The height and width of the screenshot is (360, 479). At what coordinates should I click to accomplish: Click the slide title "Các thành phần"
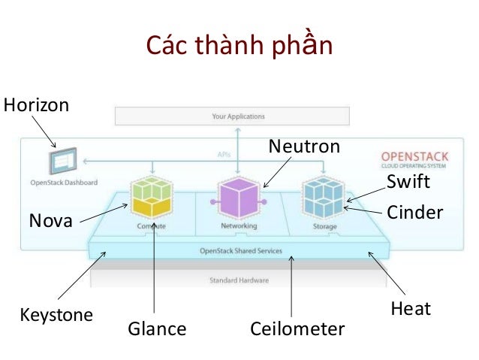click(x=239, y=47)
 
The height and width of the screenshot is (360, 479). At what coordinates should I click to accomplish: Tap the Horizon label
click(x=36, y=105)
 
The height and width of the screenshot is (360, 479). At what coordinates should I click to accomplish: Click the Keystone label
click(x=56, y=314)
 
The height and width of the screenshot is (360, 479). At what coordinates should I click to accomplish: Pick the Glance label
click(x=157, y=328)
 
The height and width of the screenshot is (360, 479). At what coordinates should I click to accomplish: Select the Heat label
click(x=411, y=308)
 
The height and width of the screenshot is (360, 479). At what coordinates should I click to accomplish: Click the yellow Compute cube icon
click(x=152, y=198)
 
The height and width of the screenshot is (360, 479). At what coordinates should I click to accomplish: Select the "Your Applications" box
click(x=239, y=116)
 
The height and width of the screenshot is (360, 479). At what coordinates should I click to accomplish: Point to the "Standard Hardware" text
click(x=239, y=280)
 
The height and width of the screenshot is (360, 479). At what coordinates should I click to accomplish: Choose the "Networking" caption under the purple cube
click(x=238, y=225)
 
